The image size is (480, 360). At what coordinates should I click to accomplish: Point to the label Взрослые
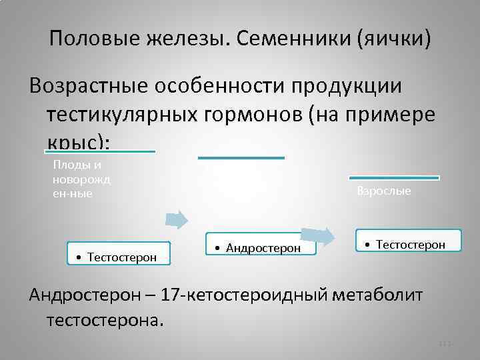pos(384,191)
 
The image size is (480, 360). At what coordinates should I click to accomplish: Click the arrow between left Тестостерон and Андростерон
pos(176,219)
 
